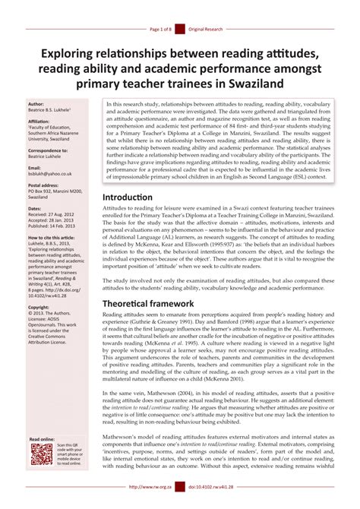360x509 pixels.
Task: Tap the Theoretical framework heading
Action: (x=159, y=303)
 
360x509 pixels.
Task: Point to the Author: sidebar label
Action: (x=36, y=103)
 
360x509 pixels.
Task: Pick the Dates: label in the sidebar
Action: (x=35, y=208)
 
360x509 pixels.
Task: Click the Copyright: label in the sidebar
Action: (x=39, y=308)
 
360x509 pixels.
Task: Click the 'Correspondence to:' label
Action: (x=47, y=150)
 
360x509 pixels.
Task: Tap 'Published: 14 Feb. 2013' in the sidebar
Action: (x=55, y=226)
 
